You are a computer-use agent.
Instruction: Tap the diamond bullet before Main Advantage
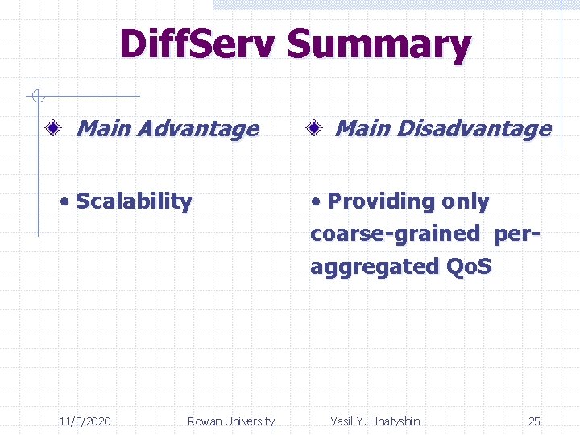[54, 128]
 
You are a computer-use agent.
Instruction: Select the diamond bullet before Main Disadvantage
[314, 128]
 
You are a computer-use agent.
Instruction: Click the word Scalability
[133, 201]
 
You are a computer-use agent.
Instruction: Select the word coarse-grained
[395, 234]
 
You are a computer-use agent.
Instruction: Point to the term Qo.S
[468, 267]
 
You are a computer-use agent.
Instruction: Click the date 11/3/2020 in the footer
[85, 421]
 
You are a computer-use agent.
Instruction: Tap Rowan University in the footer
[230, 421]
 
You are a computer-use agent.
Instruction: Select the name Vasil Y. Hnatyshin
[375, 421]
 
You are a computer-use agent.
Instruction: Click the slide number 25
[534, 421]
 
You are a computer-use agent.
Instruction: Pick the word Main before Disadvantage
[362, 128]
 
